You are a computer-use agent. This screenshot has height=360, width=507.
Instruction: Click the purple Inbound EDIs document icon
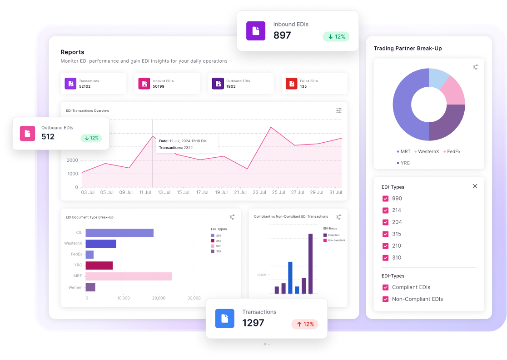click(255, 31)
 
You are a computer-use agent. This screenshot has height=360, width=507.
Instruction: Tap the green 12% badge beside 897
click(336, 36)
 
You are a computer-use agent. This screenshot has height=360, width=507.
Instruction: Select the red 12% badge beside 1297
click(305, 324)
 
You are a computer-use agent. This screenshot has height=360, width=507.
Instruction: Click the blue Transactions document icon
click(224, 319)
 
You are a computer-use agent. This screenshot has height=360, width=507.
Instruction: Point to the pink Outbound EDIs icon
click(28, 133)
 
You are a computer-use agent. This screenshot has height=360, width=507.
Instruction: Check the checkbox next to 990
click(386, 199)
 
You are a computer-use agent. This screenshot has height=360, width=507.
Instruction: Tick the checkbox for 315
click(386, 234)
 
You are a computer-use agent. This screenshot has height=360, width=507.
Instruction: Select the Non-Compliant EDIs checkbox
click(386, 299)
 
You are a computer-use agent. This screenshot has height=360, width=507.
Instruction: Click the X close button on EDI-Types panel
click(475, 186)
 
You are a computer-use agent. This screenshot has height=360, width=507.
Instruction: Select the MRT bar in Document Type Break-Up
click(129, 276)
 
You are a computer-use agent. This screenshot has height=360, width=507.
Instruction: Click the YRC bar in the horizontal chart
click(99, 265)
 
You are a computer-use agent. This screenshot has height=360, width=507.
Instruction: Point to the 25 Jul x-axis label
click(278, 192)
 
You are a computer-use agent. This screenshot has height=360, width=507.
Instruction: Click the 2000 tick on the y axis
click(72, 160)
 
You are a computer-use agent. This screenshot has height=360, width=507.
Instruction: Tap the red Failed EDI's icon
click(291, 84)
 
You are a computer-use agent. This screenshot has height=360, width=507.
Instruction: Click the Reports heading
click(72, 52)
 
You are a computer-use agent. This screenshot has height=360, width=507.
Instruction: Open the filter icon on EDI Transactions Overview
click(339, 110)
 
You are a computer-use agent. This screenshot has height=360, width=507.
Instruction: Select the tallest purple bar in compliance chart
click(311, 264)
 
